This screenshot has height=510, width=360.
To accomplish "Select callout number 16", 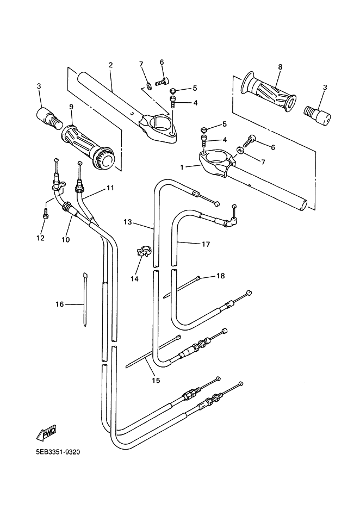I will [60, 304].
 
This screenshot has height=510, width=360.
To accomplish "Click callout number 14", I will [134, 278].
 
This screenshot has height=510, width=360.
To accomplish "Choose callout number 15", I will [156, 381].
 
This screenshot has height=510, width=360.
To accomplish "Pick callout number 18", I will [220, 276].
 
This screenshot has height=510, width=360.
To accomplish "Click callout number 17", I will [206, 244].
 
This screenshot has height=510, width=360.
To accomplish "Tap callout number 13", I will [128, 222].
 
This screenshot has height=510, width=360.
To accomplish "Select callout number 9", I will [71, 107].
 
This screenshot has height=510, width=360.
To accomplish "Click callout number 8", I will [280, 67].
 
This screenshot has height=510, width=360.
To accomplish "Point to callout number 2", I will [110, 65].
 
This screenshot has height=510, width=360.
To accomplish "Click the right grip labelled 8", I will [270, 92].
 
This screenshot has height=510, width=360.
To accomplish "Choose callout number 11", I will [110, 188].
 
